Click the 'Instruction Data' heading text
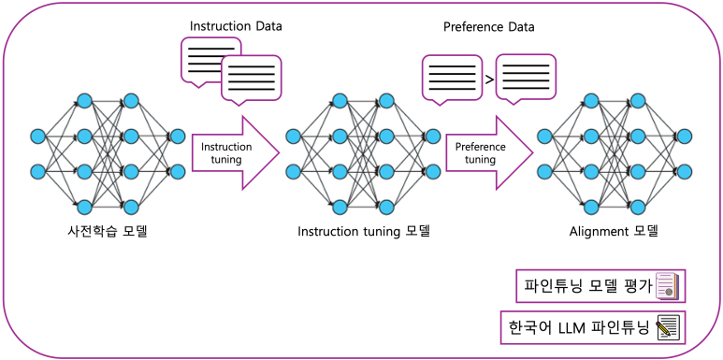coord(236,25)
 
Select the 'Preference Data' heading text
coord(488,25)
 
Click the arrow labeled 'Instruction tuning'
coord(234,153)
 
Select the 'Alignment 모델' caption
coord(615,230)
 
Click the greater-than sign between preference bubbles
coord(489,79)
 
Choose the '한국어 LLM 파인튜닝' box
coord(591,327)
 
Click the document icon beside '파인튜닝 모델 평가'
coord(668,285)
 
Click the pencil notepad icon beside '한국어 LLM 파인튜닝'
coord(667,327)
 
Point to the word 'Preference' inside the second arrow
coord(480,147)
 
